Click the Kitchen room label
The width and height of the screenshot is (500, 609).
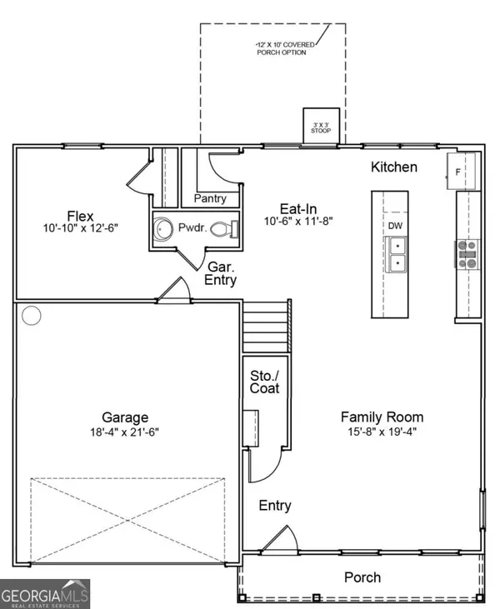point(394,167)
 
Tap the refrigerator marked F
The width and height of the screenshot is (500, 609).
point(461,172)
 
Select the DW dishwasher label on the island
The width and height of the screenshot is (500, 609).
point(396,226)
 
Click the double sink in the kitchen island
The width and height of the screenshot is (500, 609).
point(397,254)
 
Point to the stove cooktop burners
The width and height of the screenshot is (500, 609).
point(467,254)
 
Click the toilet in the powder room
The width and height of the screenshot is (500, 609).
point(224,229)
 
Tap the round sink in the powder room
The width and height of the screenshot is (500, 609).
point(162,229)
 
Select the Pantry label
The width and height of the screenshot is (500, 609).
point(210,198)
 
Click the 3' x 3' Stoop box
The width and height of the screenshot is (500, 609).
point(321,126)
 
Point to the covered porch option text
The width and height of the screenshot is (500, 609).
point(285,48)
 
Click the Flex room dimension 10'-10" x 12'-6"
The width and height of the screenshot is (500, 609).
point(81,228)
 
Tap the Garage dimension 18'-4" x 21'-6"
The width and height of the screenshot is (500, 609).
point(125,432)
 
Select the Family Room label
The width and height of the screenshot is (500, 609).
point(382,417)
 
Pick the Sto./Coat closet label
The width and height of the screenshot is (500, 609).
point(264,382)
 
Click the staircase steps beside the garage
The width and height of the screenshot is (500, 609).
point(266,327)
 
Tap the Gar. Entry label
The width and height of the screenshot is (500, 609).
point(221,273)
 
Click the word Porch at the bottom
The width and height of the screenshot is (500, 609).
point(362,577)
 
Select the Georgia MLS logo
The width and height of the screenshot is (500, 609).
point(45,594)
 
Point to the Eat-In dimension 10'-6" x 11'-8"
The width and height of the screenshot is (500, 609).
point(298,222)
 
